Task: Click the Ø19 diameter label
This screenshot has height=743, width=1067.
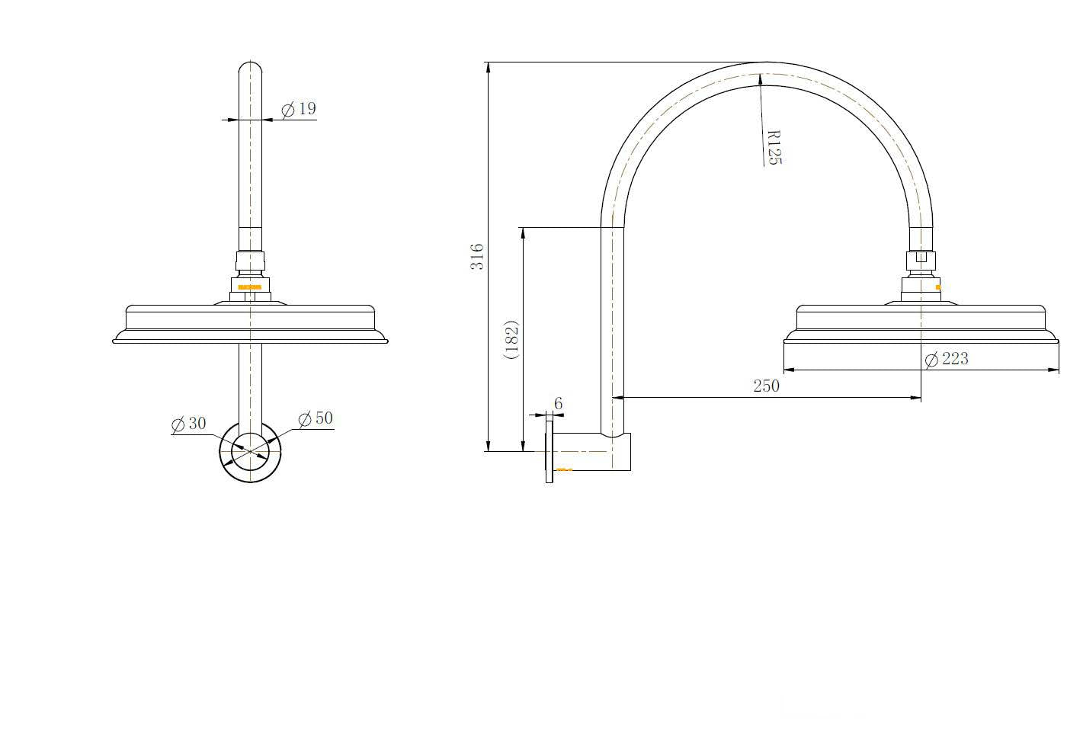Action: pos(299,109)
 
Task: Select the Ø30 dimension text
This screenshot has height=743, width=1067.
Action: pos(189,424)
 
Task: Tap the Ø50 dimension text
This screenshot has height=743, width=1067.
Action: pos(316,418)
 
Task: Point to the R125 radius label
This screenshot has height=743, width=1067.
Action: pos(774,146)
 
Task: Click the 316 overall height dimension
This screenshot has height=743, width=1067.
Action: pos(477,256)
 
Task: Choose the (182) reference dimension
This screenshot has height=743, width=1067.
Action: pos(511,340)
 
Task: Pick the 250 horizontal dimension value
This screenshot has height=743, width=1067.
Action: pos(766,386)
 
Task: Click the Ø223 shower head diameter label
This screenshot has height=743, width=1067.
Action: pos(947,359)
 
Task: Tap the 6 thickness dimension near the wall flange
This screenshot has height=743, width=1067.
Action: pos(558,404)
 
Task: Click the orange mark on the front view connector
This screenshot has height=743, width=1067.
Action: pos(250,287)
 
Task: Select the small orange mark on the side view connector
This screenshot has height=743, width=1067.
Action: pos(937,287)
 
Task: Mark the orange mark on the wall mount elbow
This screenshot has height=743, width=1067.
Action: pos(564,469)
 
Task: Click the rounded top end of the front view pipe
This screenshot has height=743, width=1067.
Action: pos(250,68)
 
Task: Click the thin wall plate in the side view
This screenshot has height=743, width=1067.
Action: pos(549,451)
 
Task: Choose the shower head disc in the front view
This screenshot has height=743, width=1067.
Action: pos(250,324)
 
